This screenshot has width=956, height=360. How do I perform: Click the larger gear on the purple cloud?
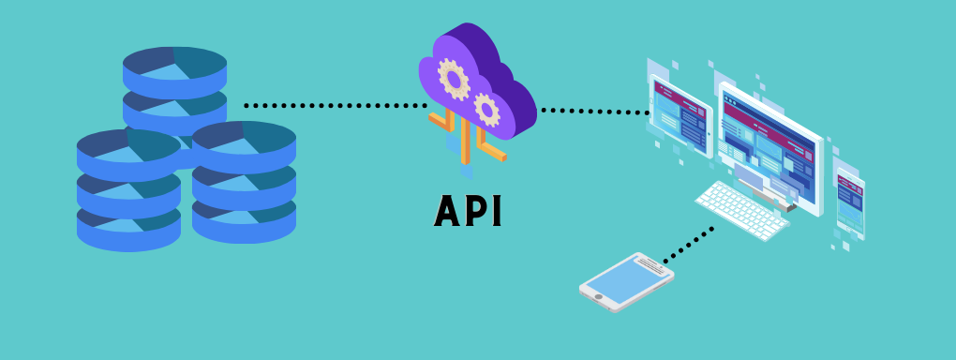tap(456, 80)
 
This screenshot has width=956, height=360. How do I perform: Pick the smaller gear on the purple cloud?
tap(486, 109)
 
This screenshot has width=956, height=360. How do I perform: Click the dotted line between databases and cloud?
tap(333, 105)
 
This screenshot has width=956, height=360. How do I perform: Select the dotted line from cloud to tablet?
tap(594, 112)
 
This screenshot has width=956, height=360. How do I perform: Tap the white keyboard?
tap(741, 207)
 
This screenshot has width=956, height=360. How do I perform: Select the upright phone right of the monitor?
tap(850, 202)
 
